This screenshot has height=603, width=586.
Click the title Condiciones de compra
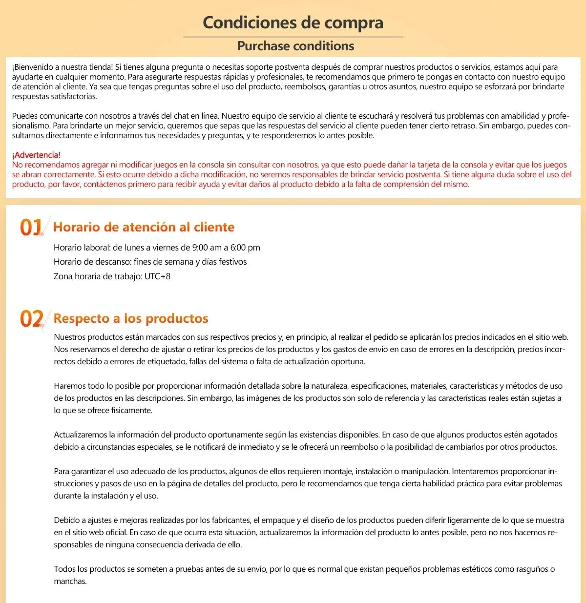[x=293, y=22]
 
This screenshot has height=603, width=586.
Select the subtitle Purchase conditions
[x=295, y=46]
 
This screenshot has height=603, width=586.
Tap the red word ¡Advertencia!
[x=36, y=155]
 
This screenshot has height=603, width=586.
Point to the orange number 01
[x=31, y=227]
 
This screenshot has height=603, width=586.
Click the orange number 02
[x=31, y=318]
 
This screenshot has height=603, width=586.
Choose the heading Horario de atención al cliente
[x=144, y=227]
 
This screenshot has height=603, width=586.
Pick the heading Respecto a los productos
[x=131, y=318]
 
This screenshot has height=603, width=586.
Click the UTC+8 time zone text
[x=157, y=276]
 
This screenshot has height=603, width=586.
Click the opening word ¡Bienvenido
[x=31, y=67]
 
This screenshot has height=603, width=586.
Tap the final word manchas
[x=70, y=582]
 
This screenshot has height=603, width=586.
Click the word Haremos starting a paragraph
[x=69, y=386]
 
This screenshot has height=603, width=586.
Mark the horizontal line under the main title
[x=293, y=37]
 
